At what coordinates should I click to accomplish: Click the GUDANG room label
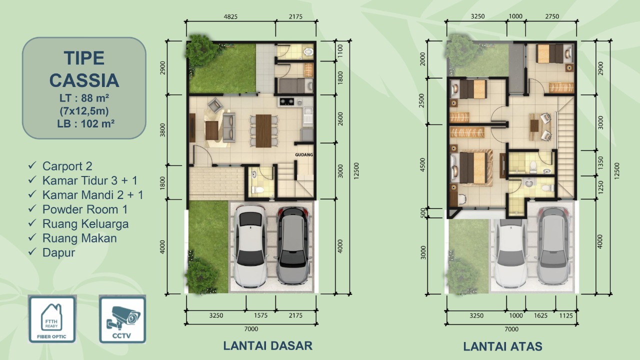pos(303,155)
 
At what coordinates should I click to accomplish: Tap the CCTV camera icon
pos(122,319)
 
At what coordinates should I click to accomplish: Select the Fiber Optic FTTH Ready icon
pos(52,319)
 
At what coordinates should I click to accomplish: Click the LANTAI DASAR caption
pos(267,345)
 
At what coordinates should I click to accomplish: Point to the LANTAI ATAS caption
pos(502,346)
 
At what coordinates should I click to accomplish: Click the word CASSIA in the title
pos(84,80)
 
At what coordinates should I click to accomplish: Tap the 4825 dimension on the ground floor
pos(230,16)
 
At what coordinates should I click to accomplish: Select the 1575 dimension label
pos(261,315)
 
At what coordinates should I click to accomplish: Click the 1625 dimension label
pos(540,315)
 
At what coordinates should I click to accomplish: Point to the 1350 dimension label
pos(600,163)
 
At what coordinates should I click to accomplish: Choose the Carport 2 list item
pos(67,166)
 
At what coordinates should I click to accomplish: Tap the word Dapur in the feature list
pos(58,252)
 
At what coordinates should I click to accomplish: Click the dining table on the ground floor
pos(263,131)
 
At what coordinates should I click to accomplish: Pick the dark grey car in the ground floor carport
pos(292,245)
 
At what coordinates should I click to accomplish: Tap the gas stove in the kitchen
pos(287,101)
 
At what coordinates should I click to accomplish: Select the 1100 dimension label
pos(340,51)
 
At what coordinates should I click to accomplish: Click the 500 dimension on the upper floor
pos(423,213)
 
